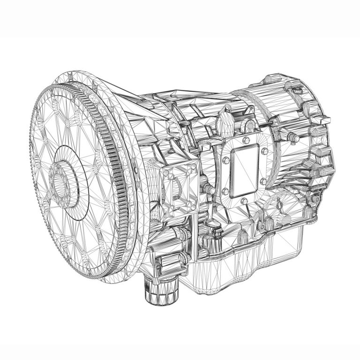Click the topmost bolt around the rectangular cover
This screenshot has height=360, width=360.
[246, 140]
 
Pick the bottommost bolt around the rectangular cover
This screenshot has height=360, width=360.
[244, 201]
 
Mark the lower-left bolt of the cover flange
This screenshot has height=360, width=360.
[225, 191]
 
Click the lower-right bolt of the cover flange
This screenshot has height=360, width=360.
[263, 181]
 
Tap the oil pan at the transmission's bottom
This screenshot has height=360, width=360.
[244, 262]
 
